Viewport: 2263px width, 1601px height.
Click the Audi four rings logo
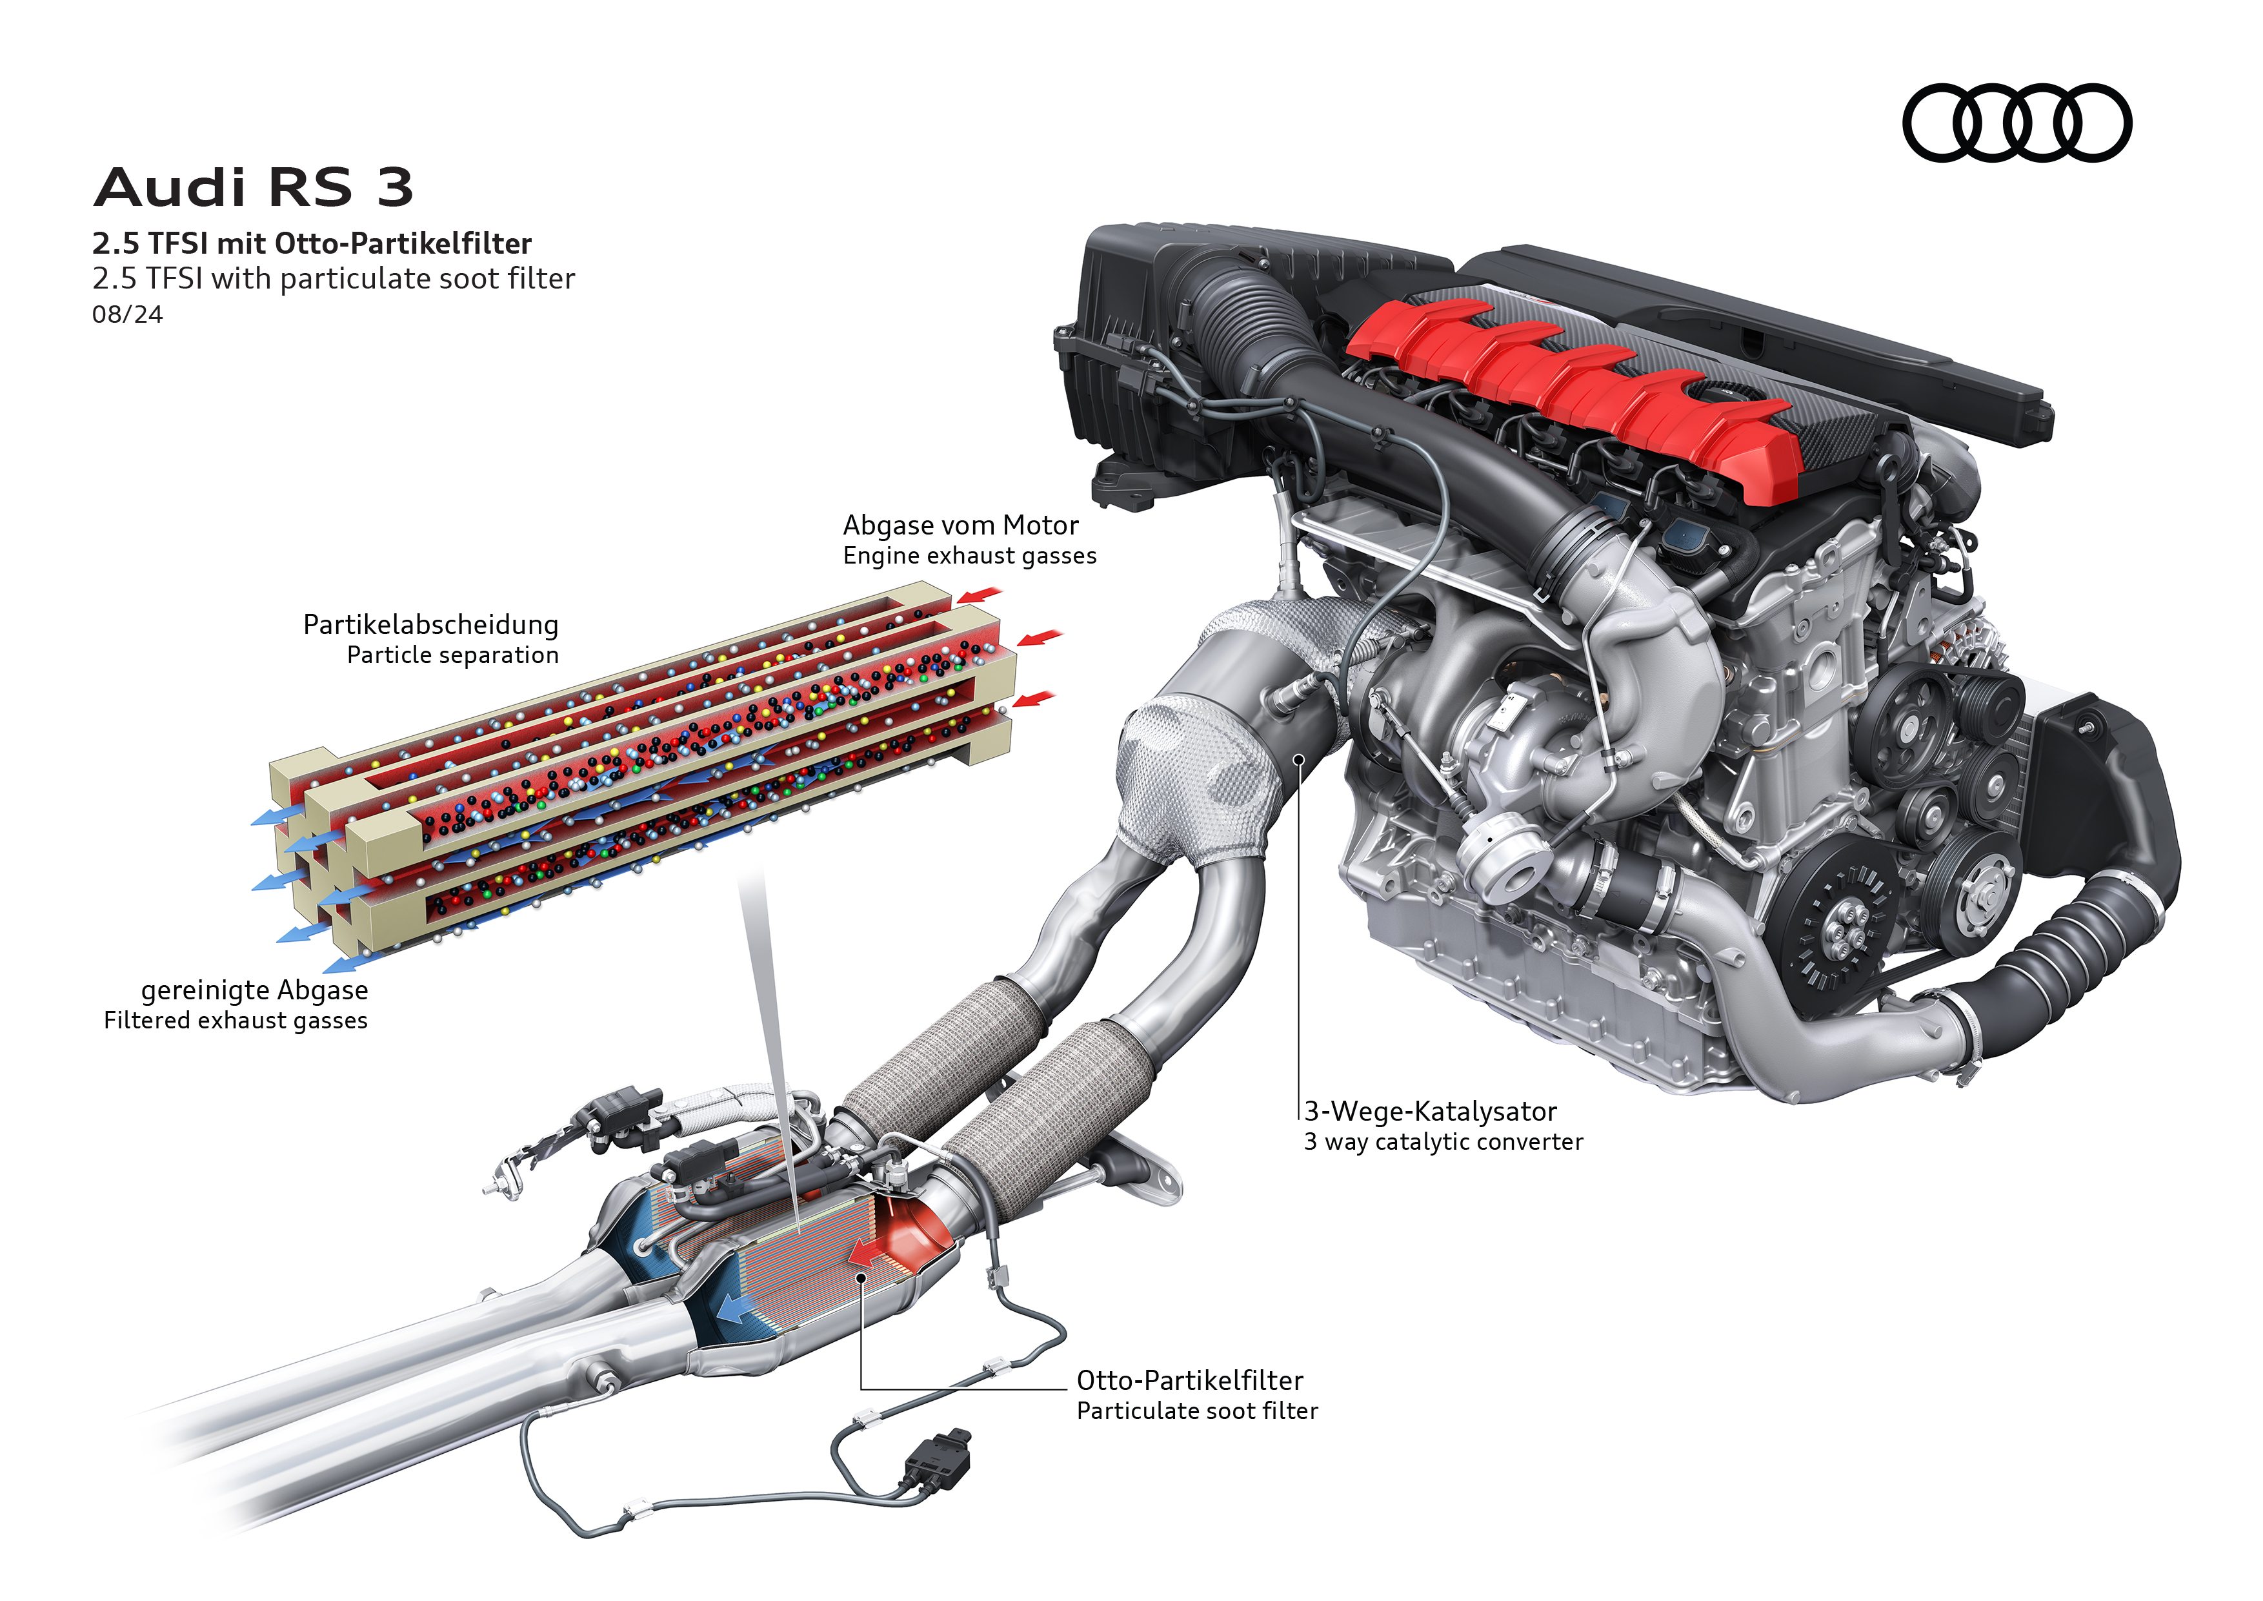coord(2017,123)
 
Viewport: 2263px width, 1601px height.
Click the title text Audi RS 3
coord(254,187)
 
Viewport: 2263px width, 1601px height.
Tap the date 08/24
coord(127,314)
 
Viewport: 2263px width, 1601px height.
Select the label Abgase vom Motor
coord(960,525)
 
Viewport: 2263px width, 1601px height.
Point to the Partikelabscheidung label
coord(430,625)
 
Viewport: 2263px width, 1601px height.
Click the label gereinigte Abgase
coord(254,990)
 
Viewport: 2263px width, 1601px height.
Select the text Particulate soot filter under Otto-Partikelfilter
coord(1196,1411)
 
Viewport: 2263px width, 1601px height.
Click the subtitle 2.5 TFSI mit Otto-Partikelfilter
coord(312,243)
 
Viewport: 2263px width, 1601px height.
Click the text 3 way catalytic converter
coord(1443,1141)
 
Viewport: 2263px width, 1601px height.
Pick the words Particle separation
coord(452,656)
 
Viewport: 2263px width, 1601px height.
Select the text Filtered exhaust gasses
coord(236,1021)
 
